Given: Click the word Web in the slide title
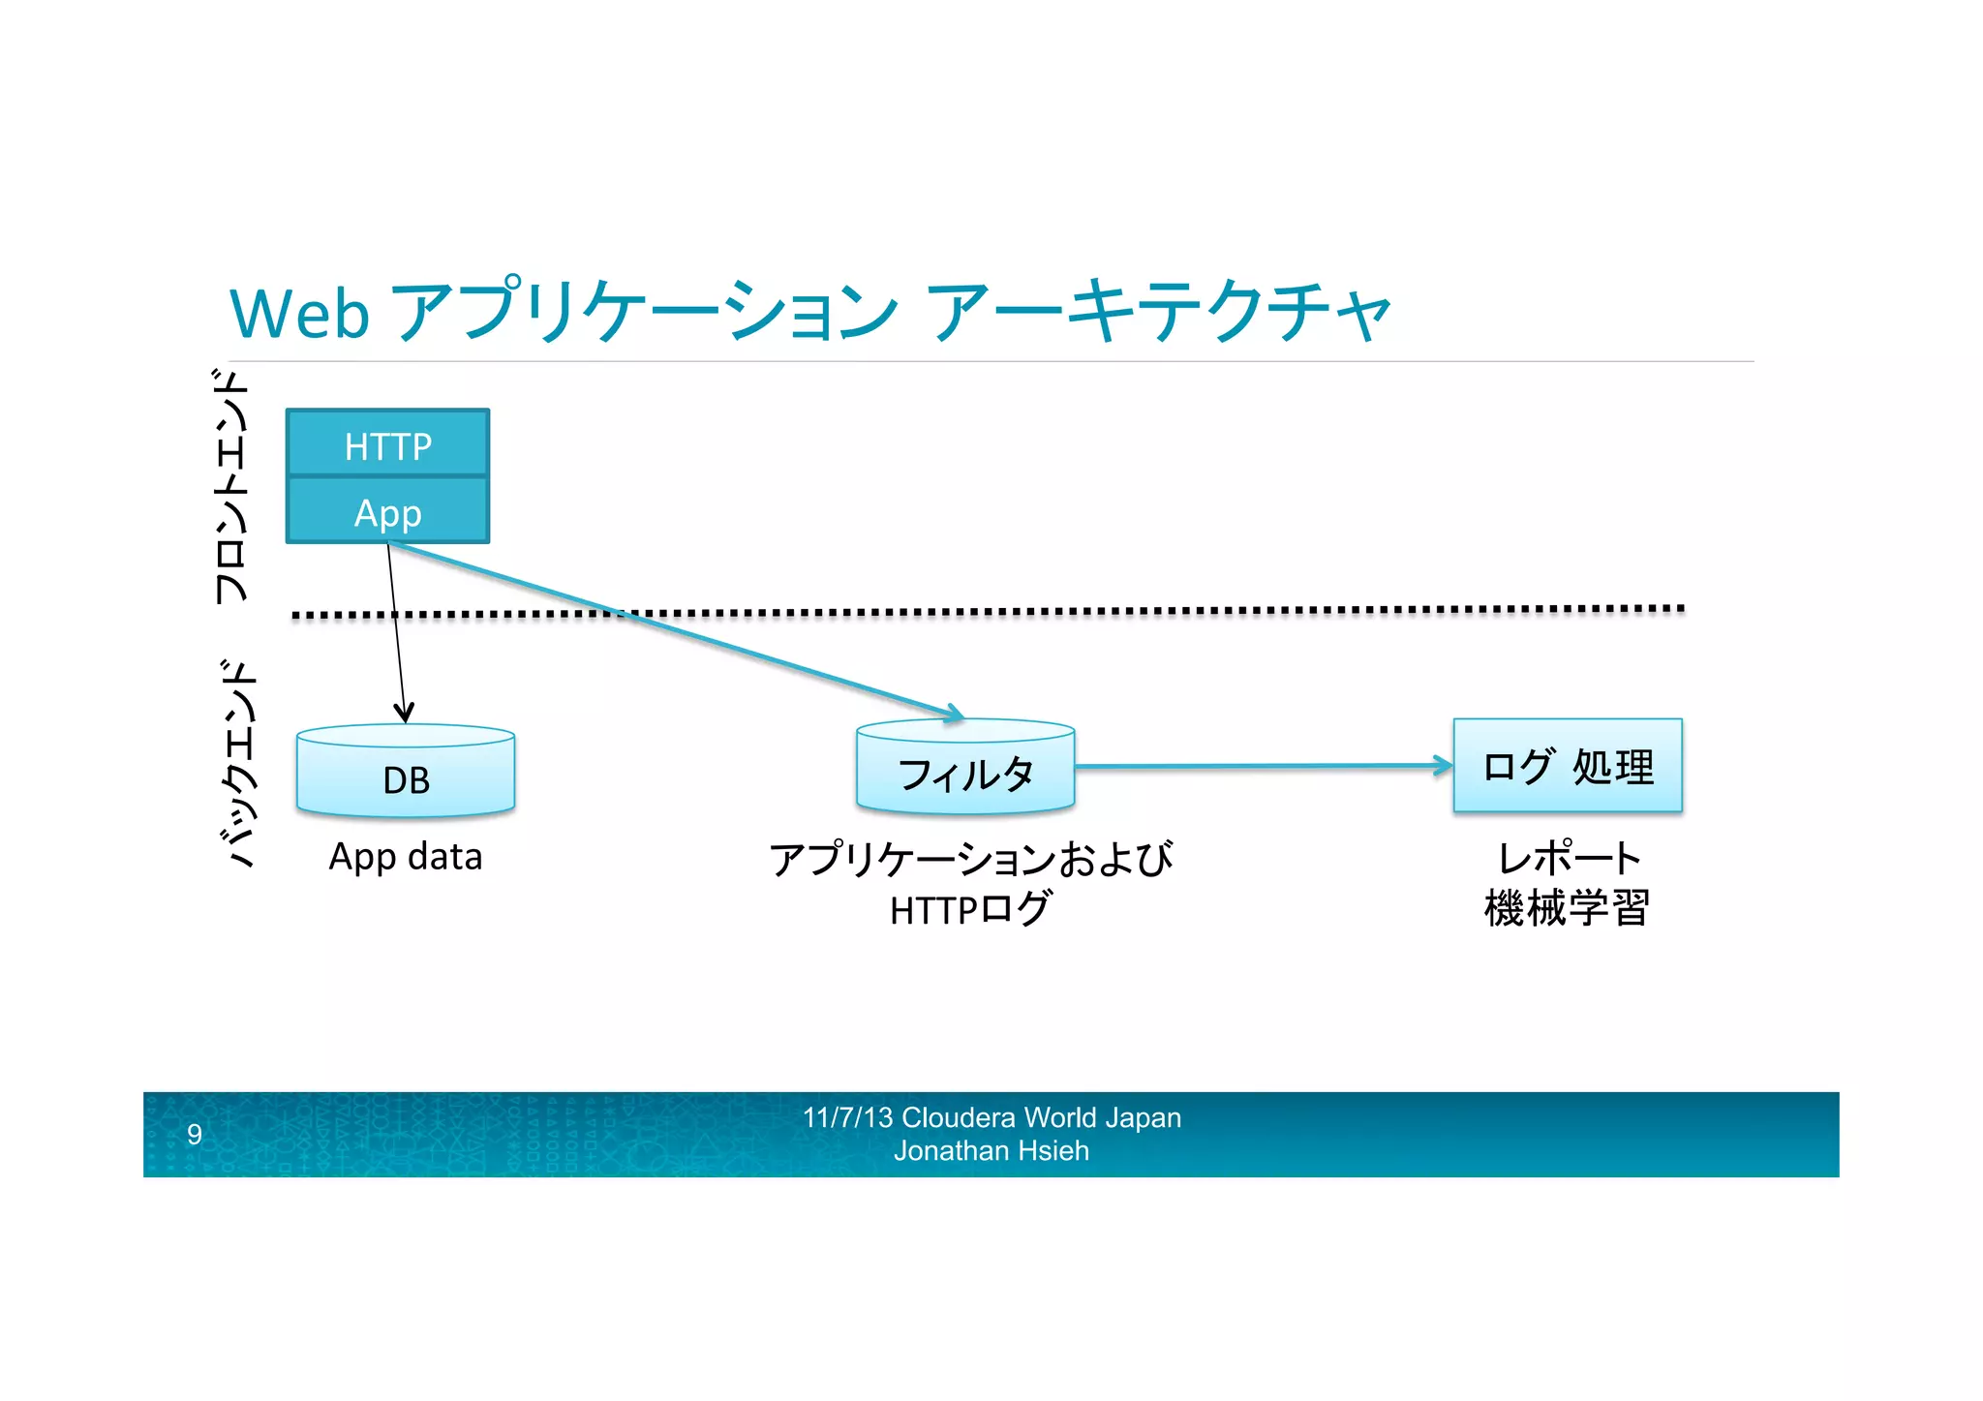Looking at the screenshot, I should (x=299, y=315).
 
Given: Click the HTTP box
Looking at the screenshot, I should (x=387, y=445).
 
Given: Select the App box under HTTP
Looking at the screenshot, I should (x=387, y=512).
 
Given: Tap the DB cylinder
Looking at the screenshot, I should (x=406, y=778).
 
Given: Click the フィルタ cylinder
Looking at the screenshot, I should (x=965, y=773).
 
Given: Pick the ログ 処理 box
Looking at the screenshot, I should (x=1568, y=766).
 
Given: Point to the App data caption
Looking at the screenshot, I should (x=405, y=857).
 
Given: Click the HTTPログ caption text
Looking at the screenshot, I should (x=969, y=909).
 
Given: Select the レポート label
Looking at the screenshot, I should (x=1569, y=858).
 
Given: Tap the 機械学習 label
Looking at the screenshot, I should (x=1567, y=908).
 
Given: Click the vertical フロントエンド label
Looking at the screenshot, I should (x=232, y=486).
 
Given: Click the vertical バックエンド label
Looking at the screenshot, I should (x=235, y=763).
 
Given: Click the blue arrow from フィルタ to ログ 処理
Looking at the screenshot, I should (x=1259, y=766).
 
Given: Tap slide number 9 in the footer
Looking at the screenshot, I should (x=195, y=1134).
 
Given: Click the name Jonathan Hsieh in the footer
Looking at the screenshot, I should (x=991, y=1151).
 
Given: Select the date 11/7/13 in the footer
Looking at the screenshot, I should (x=848, y=1117).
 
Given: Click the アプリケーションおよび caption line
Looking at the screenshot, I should (x=970, y=859).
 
